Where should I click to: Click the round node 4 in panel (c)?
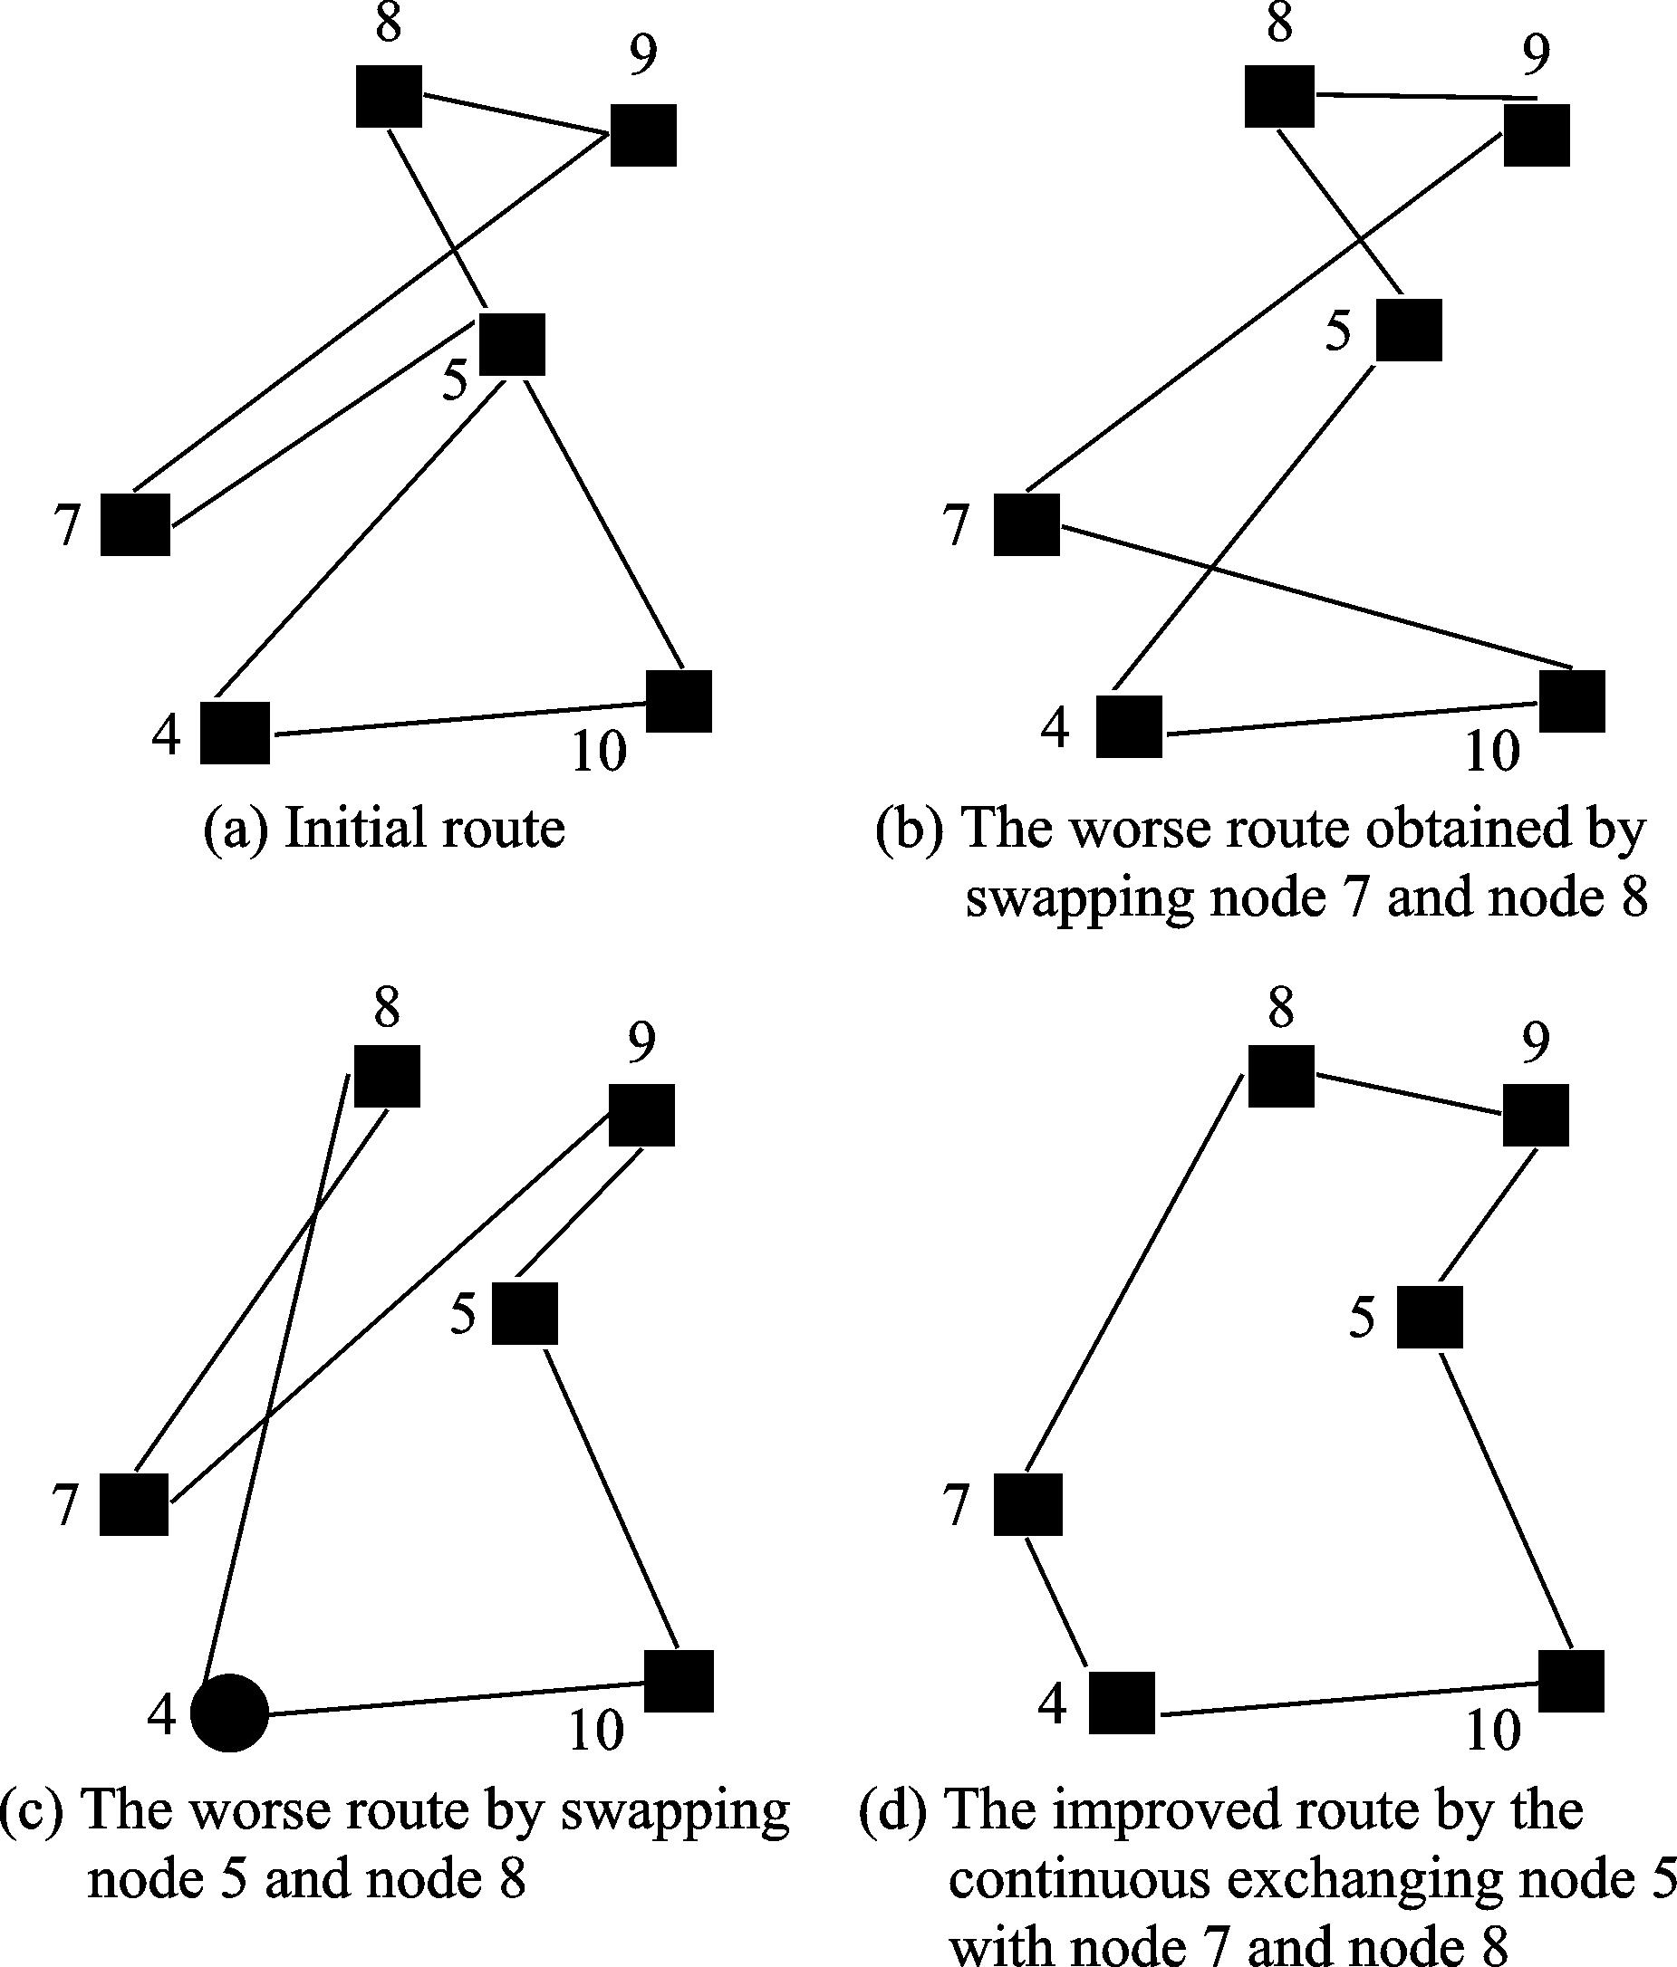(230, 1713)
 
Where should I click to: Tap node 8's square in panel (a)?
(390, 96)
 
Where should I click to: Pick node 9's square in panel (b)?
(1537, 135)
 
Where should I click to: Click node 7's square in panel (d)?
(1027, 1504)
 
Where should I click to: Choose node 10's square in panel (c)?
(679, 1681)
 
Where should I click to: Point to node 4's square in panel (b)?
(1129, 726)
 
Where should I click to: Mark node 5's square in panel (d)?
(1429, 1318)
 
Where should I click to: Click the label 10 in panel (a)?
(599, 752)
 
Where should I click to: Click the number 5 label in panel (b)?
(1338, 332)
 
